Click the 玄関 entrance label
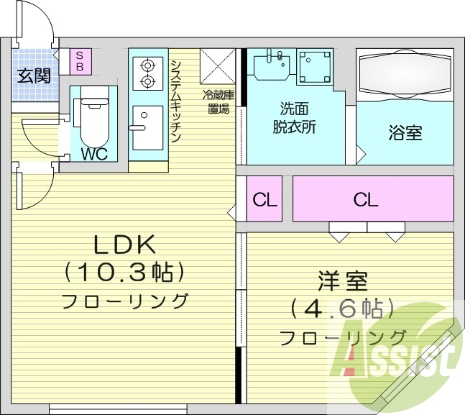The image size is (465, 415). coord(34,74)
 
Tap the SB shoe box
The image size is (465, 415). coord(80,60)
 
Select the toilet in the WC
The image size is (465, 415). coord(92,119)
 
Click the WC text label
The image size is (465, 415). coord(95,154)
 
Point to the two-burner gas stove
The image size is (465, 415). coord(148,72)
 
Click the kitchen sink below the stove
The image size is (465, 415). coord(147,126)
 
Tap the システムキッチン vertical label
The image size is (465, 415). coord(176,101)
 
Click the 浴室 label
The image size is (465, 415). coord(405,133)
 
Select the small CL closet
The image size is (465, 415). coord(264,199)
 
